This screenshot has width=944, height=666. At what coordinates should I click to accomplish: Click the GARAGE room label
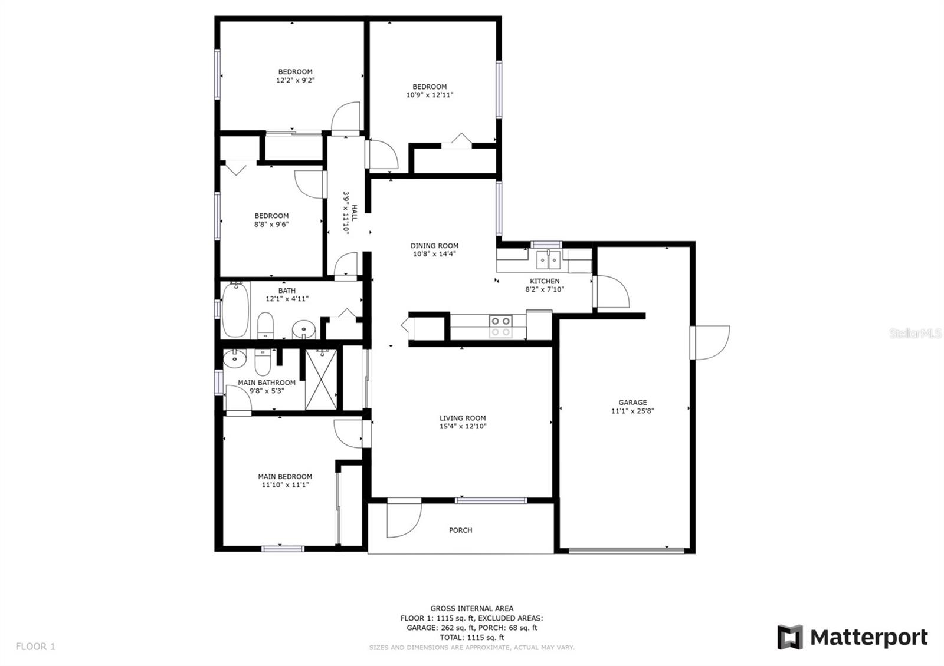pyautogui.click(x=632, y=403)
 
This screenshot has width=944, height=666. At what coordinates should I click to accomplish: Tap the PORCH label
pyautogui.click(x=460, y=530)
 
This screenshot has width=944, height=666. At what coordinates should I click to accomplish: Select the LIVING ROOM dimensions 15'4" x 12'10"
pyautogui.click(x=463, y=426)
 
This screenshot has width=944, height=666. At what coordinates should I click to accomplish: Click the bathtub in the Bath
pyautogui.click(x=235, y=309)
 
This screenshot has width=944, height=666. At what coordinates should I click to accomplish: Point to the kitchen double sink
pyautogui.click(x=549, y=259)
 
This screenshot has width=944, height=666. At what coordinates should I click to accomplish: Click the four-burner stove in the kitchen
pyautogui.click(x=500, y=327)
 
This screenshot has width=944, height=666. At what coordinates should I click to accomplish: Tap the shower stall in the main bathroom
pyautogui.click(x=322, y=380)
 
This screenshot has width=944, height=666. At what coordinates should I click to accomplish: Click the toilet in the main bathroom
pyautogui.click(x=263, y=361)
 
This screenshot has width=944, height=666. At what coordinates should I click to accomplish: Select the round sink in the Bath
pyautogui.click(x=304, y=328)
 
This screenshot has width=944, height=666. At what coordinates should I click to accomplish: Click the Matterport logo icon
pyautogui.click(x=790, y=637)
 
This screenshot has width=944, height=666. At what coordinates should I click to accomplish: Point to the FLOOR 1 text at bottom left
pyautogui.click(x=35, y=647)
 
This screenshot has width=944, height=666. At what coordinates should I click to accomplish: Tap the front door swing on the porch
pyautogui.click(x=403, y=519)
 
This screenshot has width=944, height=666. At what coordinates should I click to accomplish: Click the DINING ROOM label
pyautogui.click(x=434, y=246)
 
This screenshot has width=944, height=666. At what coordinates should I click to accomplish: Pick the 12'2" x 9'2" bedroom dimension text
pyautogui.click(x=295, y=80)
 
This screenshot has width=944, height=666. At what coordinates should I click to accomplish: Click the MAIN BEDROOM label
pyautogui.click(x=285, y=477)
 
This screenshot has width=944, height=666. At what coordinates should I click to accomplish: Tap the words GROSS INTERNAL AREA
pyautogui.click(x=471, y=608)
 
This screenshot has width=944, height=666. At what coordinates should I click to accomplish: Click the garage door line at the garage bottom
pyautogui.click(x=627, y=550)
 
